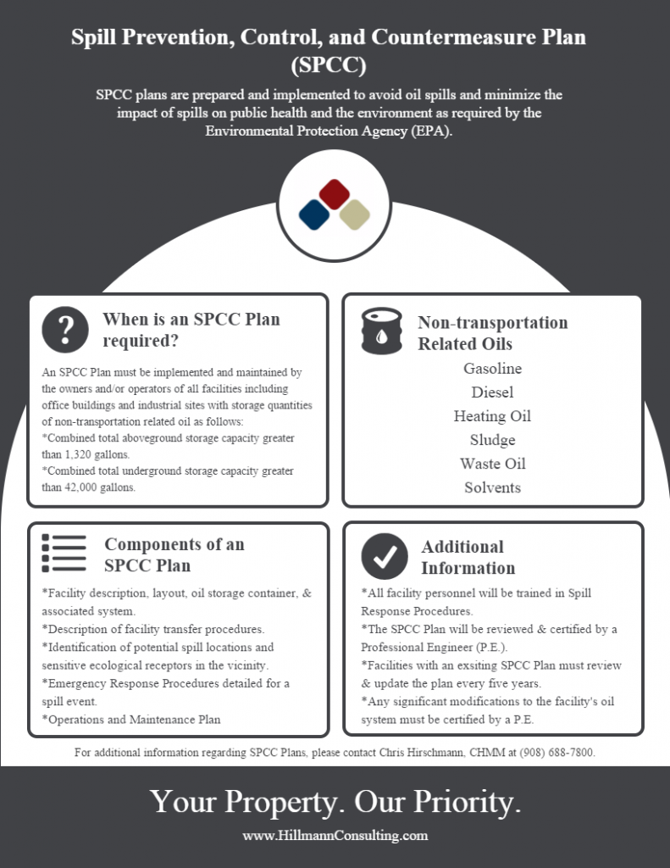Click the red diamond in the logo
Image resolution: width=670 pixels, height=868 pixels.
tap(335, 194)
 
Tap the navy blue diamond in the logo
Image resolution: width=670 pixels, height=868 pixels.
tap(314, 214)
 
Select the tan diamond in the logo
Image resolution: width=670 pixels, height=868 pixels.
tap(355, 214)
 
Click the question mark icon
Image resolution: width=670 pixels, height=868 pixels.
tap(65, 330)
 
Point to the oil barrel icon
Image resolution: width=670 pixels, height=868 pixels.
tap(382, 331)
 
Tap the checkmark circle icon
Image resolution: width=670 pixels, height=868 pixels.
tap(385, 556)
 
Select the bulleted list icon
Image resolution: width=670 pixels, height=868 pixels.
tap(64, 553)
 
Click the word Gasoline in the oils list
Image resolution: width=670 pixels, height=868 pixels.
tap(492, 369)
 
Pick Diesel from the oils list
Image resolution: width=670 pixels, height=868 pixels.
tap(492, 392)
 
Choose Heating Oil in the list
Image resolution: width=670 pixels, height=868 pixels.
tap(492, 416)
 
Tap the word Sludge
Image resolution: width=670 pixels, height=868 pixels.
tap(492, 440)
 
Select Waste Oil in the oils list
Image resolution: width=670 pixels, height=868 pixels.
tap(492, 464)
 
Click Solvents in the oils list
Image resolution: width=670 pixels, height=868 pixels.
tap(492, 487)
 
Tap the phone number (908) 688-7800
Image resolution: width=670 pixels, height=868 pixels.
tap(556, 753)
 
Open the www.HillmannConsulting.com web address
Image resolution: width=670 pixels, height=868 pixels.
tap(335, 835)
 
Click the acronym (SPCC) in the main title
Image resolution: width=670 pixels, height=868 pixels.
tap(329, 64)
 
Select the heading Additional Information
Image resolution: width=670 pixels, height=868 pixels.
tap(468, 558)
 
